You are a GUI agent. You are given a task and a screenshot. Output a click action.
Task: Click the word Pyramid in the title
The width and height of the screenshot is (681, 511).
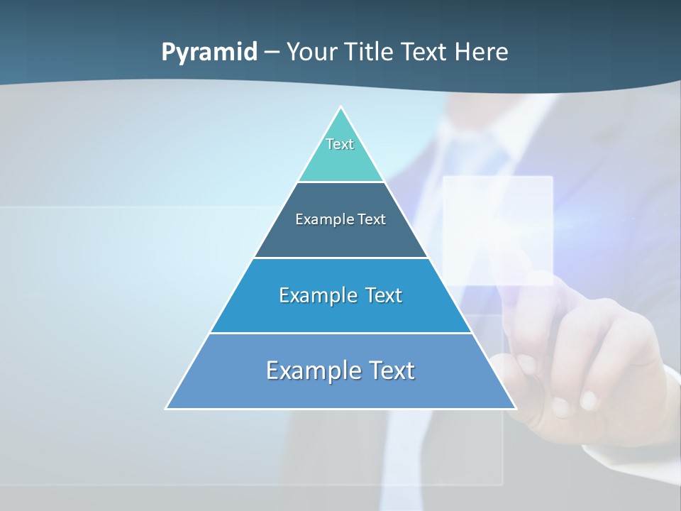pyautogui.click(x=209, y=53)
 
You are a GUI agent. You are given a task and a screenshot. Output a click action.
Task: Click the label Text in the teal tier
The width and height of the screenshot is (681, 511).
pyautogui.click(x=340, y=144)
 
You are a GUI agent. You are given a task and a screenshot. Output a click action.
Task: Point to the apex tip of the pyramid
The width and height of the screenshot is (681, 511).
pyautogui.click(x=341, y=108)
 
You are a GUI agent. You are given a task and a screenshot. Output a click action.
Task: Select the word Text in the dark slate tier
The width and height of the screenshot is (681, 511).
pyautogui.click(x=372, y=220)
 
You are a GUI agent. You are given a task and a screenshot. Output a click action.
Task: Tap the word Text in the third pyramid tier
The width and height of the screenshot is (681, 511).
pyautogui.click(x=383, y=295)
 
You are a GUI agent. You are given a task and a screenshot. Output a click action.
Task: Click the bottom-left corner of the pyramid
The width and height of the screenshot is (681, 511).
pyautogui.click(x=167, y=408)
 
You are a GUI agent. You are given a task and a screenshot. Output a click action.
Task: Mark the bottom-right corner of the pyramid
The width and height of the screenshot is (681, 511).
pyautogui.click(x=515, y=408)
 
